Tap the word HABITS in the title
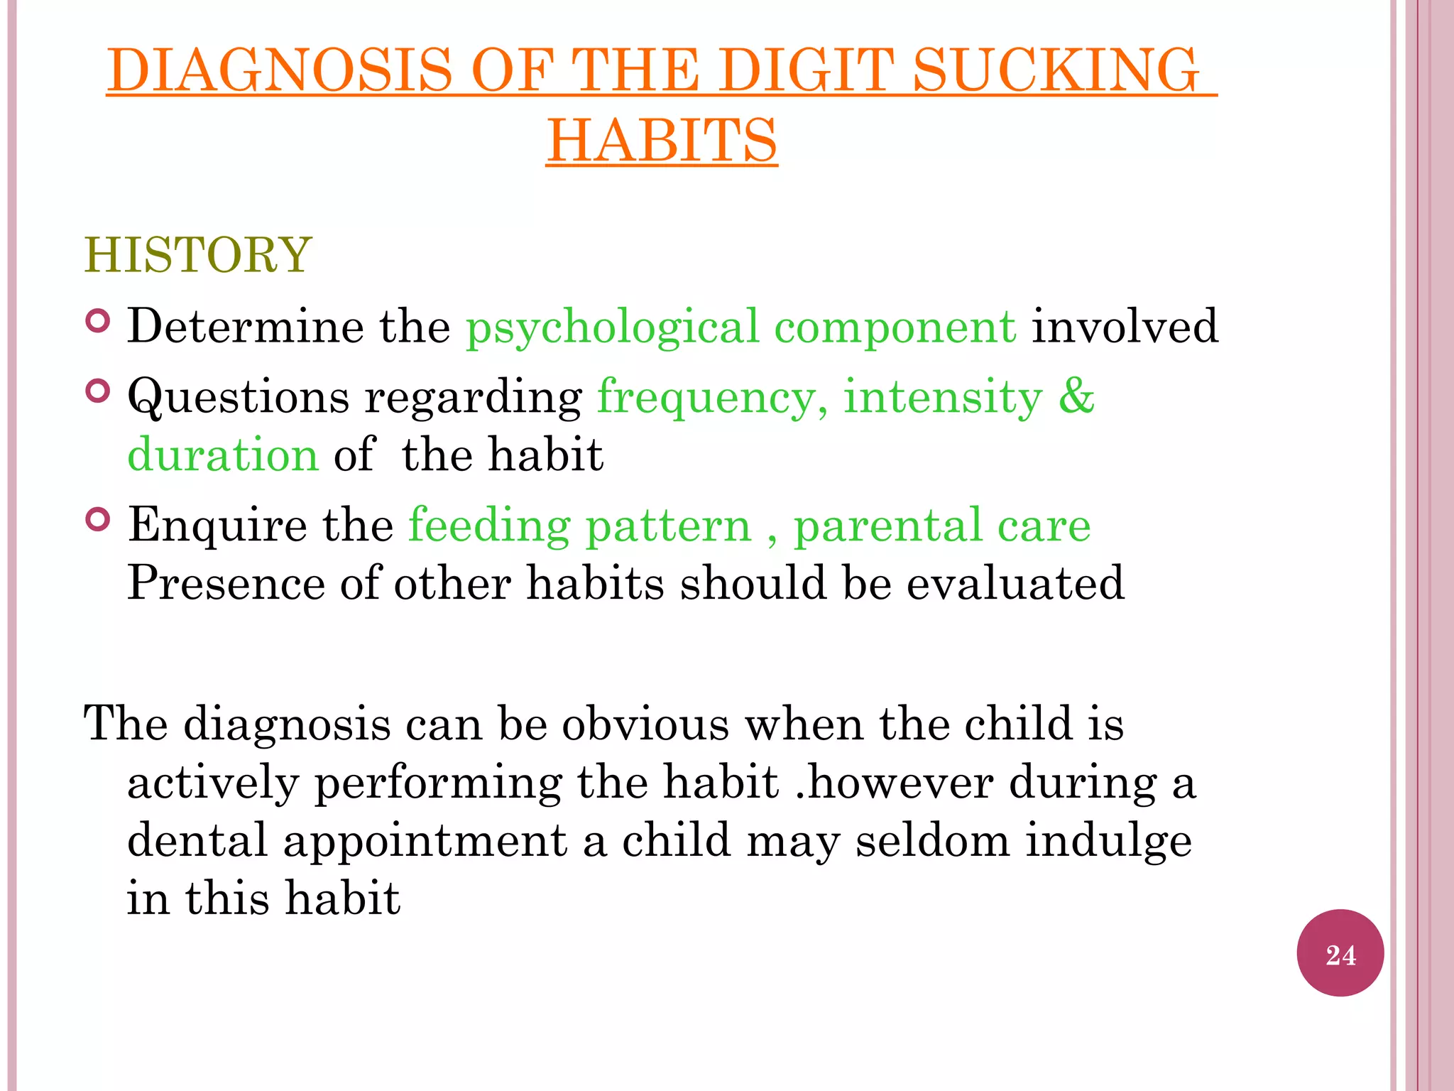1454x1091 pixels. click(662, 140)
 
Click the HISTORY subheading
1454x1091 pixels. click(198, 255)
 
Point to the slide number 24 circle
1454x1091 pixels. click(1340, 953)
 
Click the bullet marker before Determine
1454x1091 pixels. click(98, 322)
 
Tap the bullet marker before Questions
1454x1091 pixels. click(98, 391)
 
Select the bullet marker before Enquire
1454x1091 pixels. click(98, 520)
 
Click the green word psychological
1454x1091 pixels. click(612, 328)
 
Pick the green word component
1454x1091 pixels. click(895, 328)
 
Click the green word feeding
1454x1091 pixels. click(489, 527)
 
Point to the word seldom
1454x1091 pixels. click(931, 840)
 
